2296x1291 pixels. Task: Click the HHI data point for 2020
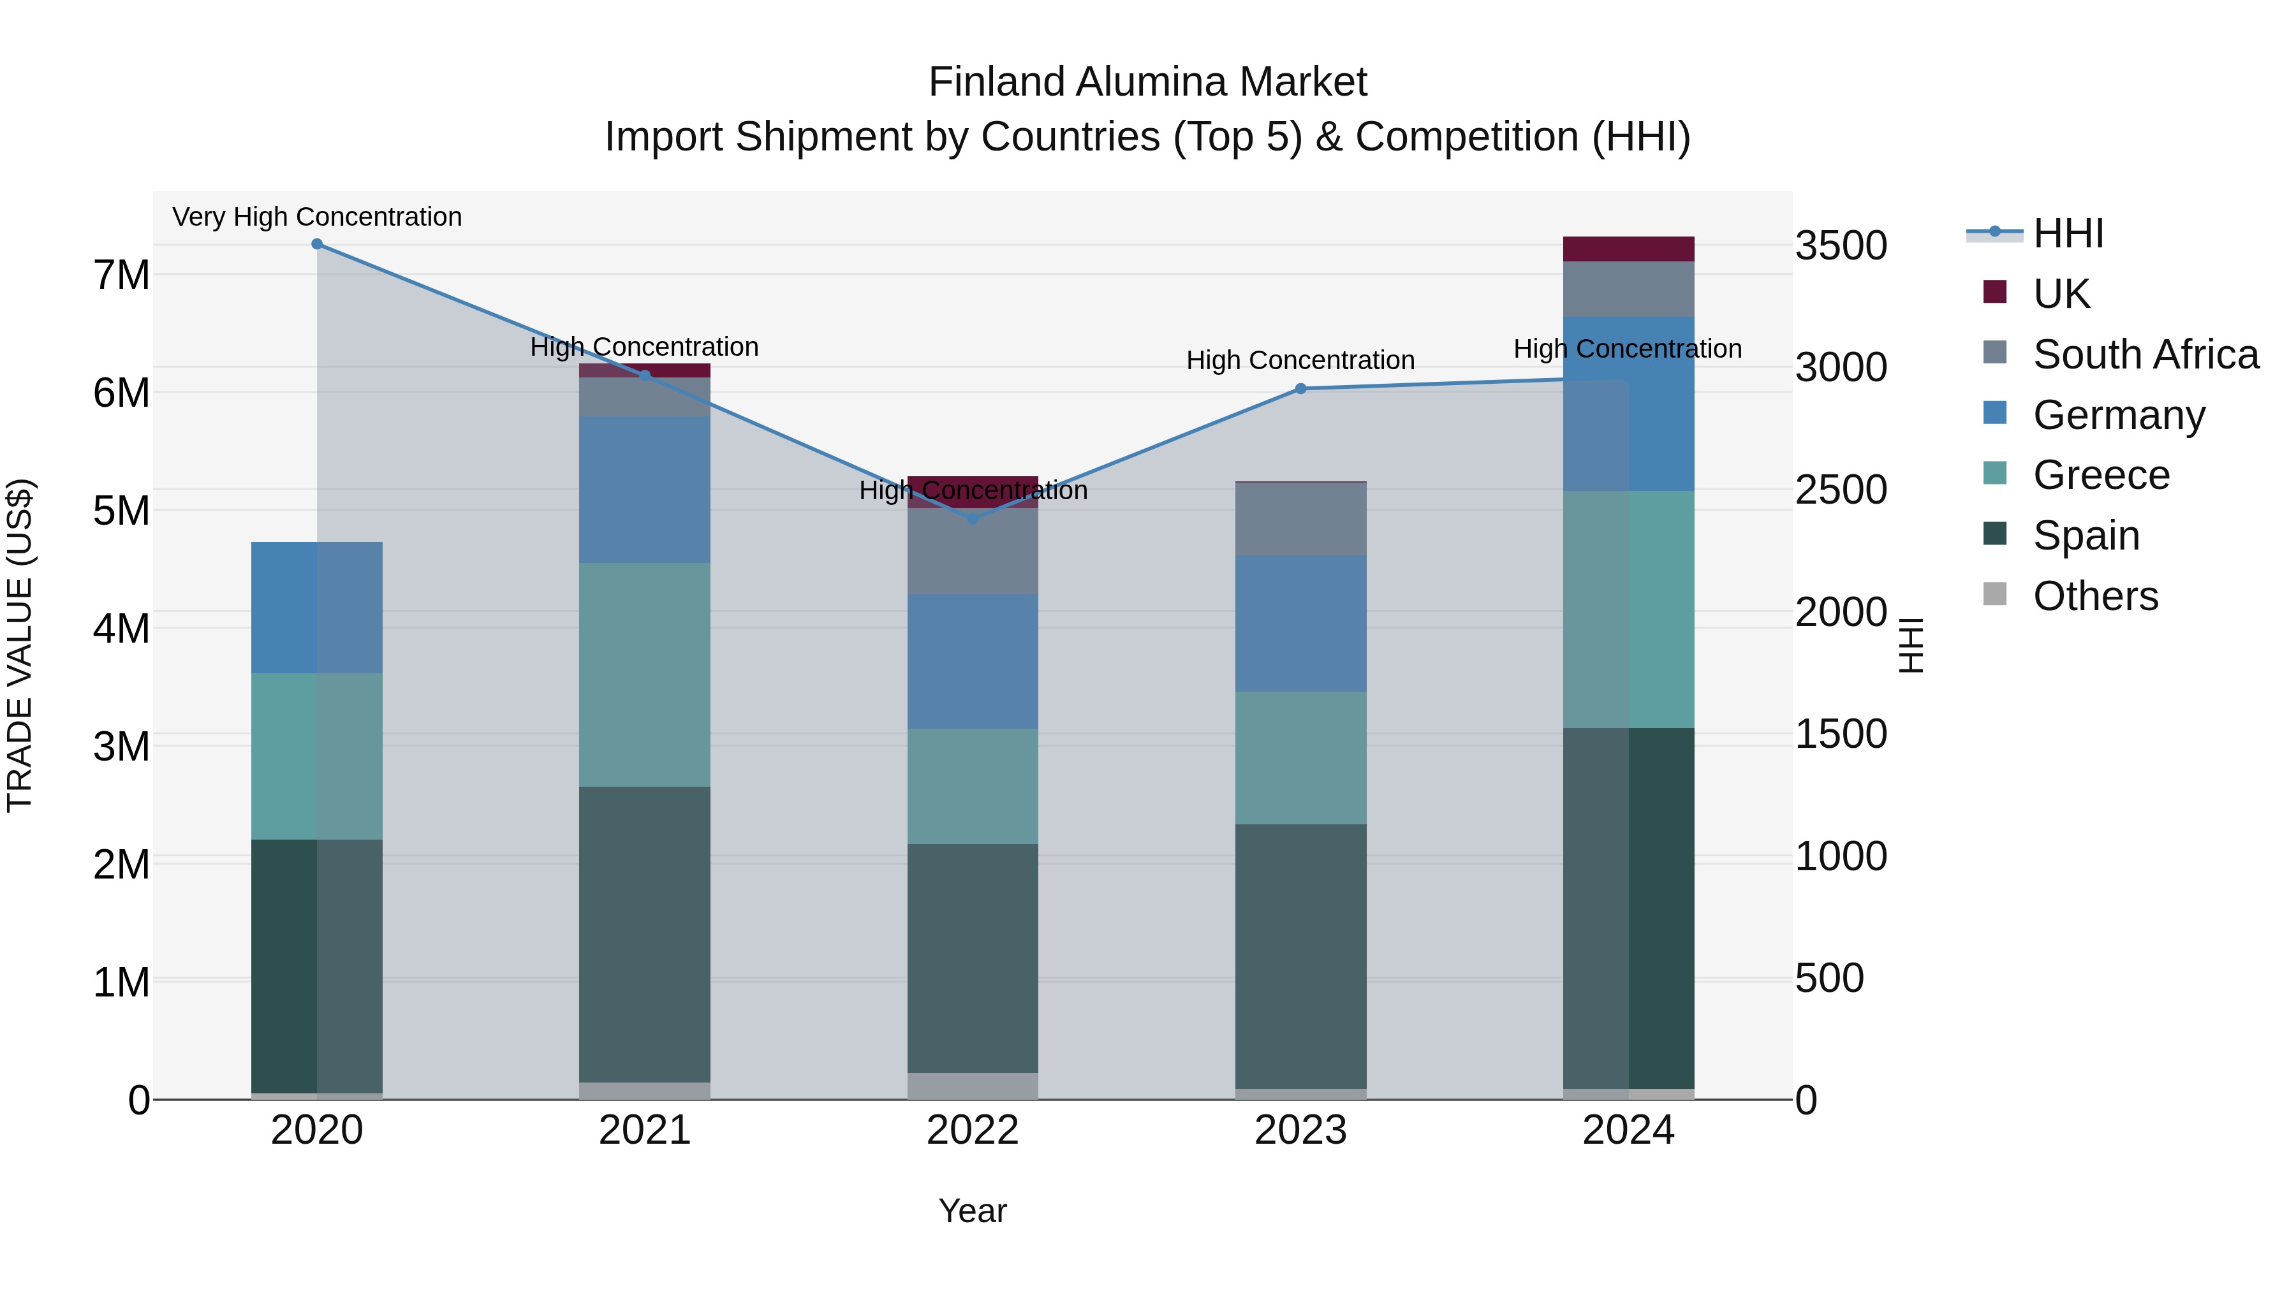point(318,244)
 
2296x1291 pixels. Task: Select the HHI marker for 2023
point(1300,388)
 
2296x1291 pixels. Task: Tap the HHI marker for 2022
point(973,518)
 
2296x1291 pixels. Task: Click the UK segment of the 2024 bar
point(1628,249)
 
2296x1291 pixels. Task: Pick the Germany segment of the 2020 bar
point(318,608)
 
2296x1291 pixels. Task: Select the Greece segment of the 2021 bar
point(644,675)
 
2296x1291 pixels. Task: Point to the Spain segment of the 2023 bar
point(1300,956)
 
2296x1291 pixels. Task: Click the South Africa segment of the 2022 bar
point(973,551)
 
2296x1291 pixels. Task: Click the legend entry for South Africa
point(2145,354)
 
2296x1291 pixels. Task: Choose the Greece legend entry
point(2101,475)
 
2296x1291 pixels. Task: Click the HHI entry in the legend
point(2068,233)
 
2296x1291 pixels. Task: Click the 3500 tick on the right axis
point(1841,246)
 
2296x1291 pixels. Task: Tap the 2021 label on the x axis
point(644,1130)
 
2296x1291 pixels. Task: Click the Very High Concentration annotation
point(318,217)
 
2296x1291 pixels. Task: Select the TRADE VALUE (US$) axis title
point(20,645)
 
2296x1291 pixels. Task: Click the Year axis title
point(973,1211)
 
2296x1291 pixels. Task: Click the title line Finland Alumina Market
point(1147,82)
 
